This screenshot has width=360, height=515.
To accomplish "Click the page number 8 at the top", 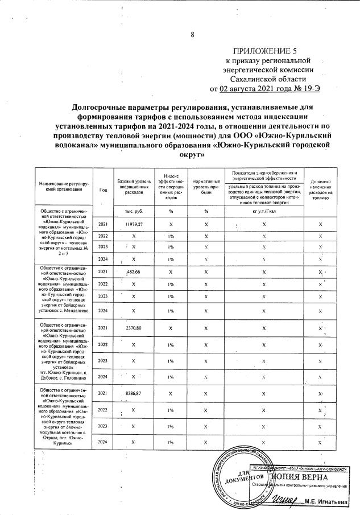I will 192,35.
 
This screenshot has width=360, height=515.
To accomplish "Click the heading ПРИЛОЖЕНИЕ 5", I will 267,50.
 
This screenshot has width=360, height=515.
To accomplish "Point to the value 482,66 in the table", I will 133,272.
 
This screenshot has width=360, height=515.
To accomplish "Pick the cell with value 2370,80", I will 133,329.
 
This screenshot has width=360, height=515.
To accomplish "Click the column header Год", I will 102,190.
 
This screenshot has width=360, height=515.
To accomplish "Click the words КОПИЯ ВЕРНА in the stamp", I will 299,476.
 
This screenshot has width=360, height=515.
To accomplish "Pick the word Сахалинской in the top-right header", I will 267,79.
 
